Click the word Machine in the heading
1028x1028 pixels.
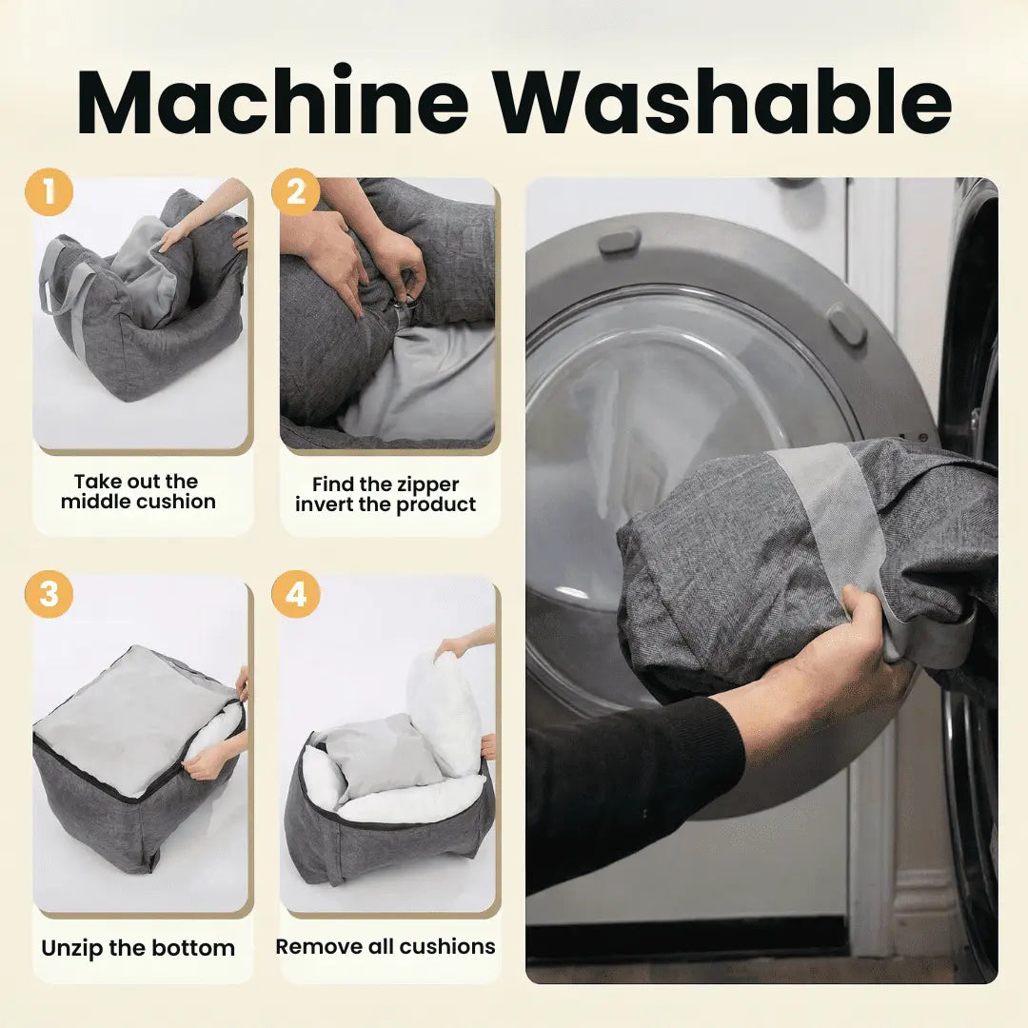tap(273, 101)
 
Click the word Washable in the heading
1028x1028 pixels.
tap(722, 101)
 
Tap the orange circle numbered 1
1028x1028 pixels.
tap(49, 192)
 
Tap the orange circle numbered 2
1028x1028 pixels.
tap(296, 192)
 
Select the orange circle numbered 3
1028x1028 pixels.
tap(49, 594)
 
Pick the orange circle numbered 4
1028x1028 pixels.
tap(296, 594)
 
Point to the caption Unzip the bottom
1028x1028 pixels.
tap(138, 948)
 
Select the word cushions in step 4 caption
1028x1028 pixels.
tap(447, 947)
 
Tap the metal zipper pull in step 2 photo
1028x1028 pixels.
tap(405, 304)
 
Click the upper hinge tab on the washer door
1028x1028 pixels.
tap(619, 240)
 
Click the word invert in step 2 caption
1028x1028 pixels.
tap(324, 504)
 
